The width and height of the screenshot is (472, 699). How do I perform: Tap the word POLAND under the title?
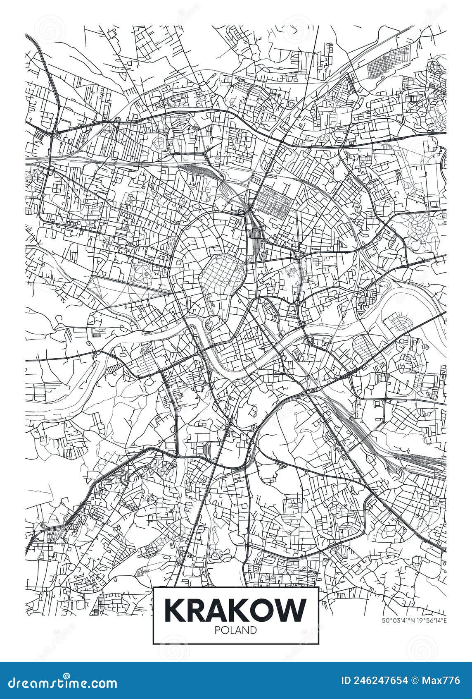(x=236, y=630)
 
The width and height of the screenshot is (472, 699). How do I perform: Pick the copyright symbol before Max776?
(x=416, y=681)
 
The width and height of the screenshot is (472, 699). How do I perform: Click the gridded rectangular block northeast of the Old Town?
(x=272, y=202)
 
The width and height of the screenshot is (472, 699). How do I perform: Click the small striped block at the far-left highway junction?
(x=39, y=135)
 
